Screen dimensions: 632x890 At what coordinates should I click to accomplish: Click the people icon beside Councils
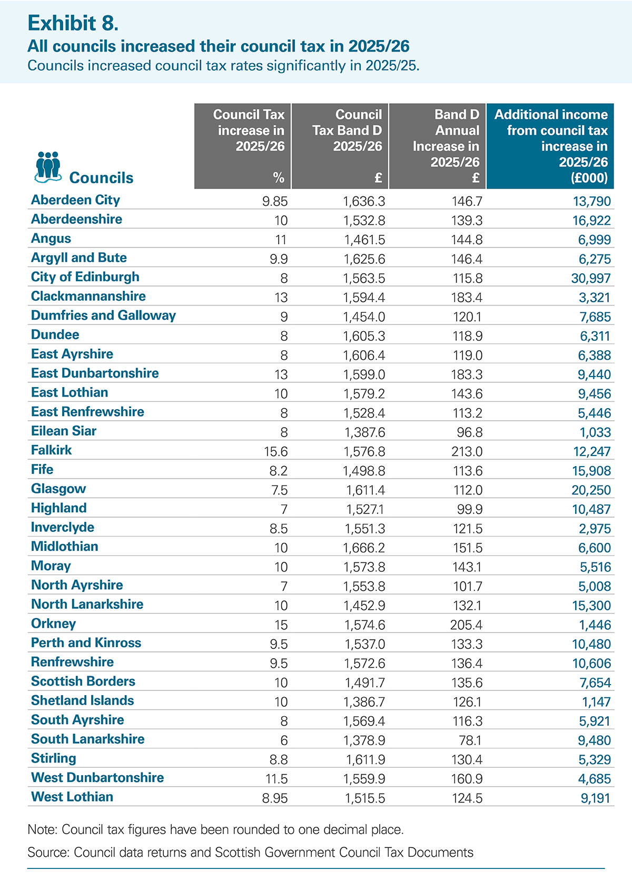(48, 167)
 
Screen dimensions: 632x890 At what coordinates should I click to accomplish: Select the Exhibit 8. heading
(73, 23)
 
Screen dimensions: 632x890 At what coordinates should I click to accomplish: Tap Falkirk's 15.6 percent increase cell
(276, 451)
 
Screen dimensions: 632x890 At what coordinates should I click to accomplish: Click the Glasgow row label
(58, 488)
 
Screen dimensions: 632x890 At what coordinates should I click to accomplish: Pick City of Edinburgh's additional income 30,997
(591, 278)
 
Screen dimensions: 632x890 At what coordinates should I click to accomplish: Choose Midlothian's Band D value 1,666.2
(364, 548)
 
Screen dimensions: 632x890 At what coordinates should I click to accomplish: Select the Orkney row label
(53, 624)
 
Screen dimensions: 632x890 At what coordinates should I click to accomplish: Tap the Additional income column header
(550, 146)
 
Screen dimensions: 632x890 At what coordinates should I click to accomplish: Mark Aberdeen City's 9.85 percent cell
(275, 201)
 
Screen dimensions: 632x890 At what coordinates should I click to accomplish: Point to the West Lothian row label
(72, 797)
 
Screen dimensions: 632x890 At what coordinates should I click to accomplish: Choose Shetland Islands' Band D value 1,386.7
(364, 701)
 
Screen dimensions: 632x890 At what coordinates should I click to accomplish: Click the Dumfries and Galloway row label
(103, 315)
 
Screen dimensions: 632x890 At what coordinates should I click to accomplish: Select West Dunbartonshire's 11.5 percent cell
(276, 779)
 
